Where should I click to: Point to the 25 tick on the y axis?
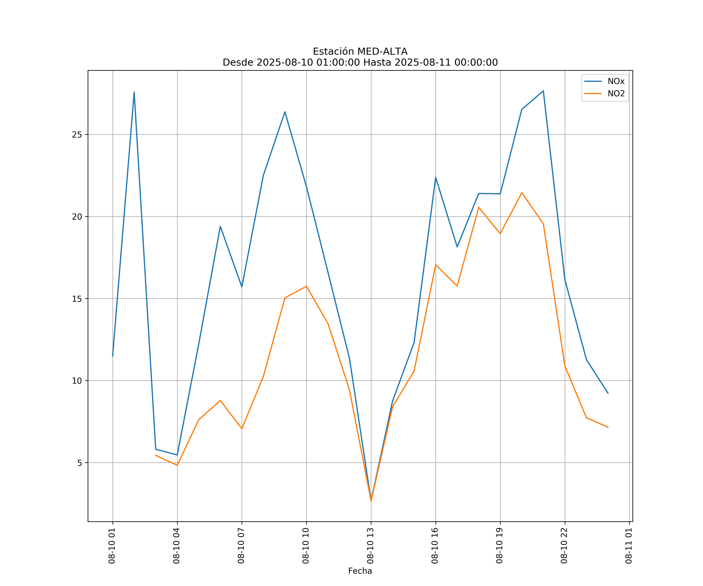pos(77,135)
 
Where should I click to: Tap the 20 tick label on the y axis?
pos(77,217)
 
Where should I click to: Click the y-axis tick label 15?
pos(77,299)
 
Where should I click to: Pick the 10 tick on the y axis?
pos(77,381)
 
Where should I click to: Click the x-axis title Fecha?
pos(360,571)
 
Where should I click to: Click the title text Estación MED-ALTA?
pos(360,52)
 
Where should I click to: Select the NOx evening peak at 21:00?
pos(543,91)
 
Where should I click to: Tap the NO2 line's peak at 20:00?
pos(522,193)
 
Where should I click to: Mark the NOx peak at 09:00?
pos(285,112)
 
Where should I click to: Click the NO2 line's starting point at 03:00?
pos(156,455)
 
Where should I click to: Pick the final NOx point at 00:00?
pos(608,393)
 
